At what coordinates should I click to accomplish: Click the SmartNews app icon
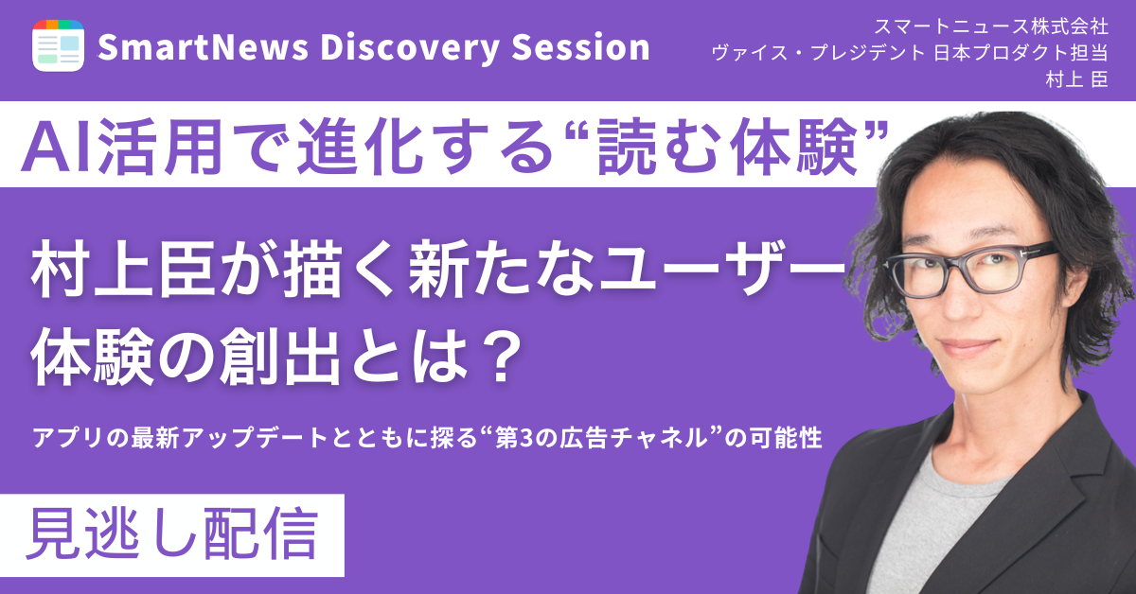coord(59,44)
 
